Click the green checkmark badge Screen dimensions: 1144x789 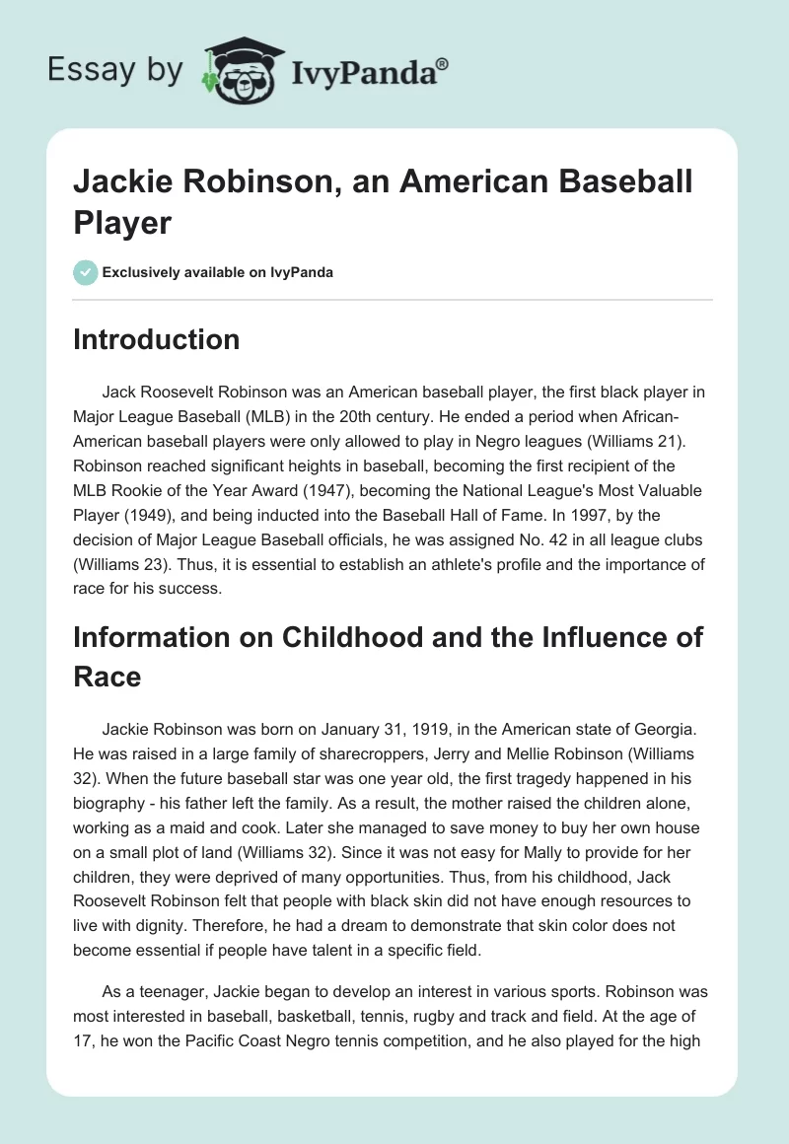click(86, 272)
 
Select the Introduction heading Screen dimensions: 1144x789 click(157, 339)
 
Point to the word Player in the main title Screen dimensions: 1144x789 click(123, 222)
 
